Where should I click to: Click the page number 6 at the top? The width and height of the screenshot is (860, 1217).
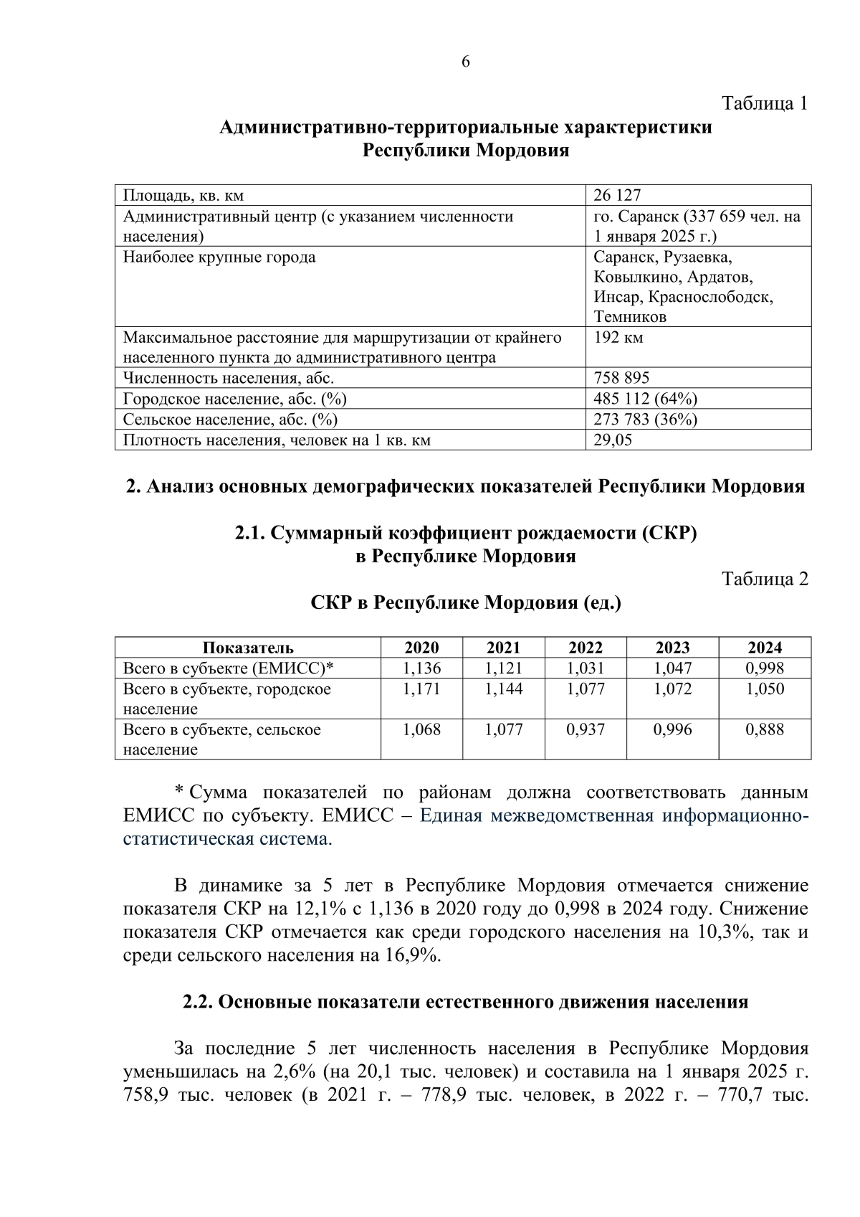(465, 62)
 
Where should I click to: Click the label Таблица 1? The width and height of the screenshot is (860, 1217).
(765, 103)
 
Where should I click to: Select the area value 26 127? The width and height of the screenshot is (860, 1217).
(617, 195)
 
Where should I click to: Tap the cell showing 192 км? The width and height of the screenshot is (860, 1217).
(618, 338)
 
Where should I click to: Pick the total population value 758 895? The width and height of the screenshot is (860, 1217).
(621, 378)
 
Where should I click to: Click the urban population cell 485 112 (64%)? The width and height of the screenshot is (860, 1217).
(645, 399)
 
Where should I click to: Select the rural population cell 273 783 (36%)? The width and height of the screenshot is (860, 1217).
(645, 420)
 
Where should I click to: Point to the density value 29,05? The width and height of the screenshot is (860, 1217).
(613, 440)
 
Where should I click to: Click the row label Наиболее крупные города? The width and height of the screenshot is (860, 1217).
(219, 257)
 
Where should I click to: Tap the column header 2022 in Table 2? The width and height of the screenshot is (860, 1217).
(586, 648)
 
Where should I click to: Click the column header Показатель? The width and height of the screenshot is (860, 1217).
(248, 648)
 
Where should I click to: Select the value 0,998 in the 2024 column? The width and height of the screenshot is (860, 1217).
(765, 668)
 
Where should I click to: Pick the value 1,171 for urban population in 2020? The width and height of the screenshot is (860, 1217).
(421, 689)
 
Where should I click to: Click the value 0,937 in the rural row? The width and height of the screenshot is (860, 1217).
(586, 729)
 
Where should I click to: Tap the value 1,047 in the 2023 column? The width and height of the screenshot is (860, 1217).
(672, 668)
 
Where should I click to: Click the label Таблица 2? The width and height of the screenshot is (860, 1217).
(765, 579)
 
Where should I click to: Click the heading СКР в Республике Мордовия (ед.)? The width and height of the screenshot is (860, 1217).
(466, 602)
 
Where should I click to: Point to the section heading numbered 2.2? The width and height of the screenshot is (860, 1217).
(465, 1002)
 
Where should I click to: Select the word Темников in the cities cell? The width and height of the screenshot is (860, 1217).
(630, 317)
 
